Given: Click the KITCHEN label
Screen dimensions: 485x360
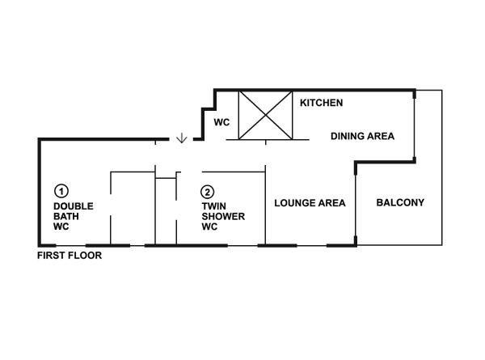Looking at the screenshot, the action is pos(322,103).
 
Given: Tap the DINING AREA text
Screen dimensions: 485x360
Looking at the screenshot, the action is pos(362,136).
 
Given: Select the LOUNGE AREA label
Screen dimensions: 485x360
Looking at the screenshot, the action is pos(310,203).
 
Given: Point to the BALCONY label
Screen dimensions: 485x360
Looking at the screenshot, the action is pos(400,202).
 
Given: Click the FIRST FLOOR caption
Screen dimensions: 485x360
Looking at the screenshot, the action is pos(70,256).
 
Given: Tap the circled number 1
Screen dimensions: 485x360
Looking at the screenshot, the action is pos(61,191).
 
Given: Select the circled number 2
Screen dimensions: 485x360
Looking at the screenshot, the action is pos(207,192).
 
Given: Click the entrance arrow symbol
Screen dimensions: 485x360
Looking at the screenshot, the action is pos(182,138).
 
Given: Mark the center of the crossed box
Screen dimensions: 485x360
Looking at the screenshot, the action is pos(265,115).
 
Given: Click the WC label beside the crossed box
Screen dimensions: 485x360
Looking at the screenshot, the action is pos(221,122).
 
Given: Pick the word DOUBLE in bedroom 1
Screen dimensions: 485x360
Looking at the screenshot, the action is pos(74,206).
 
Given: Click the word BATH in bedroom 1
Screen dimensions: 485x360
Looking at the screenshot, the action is pos(66,216).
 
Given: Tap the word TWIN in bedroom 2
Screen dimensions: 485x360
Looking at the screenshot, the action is pos(213,206).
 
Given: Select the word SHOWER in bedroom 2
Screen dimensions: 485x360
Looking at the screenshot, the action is pos(223,216).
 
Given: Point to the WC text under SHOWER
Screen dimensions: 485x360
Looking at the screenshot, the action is pos(209,227).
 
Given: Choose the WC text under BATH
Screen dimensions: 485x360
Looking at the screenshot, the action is pos(61,227).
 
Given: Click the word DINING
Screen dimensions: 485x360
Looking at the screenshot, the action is pos(347,136).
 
